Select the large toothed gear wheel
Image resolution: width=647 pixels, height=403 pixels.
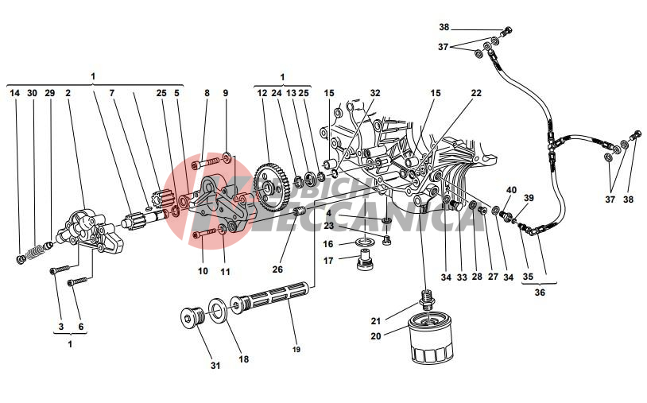point(272,188)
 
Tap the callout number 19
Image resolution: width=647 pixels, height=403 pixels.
point(296,348)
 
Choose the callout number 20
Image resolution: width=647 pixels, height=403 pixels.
point(376,335)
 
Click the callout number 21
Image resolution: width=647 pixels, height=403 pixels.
point(376,320)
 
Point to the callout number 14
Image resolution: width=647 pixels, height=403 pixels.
point(14,93)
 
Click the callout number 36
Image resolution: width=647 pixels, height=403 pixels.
point(539,291)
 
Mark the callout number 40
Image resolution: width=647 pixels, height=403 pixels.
point(511,190)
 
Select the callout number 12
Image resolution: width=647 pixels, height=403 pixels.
point(262,93)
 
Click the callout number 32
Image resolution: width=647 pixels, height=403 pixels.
point(375,93)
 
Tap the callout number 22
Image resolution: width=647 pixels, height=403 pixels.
point(476,93)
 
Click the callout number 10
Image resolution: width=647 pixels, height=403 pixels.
point(203,271)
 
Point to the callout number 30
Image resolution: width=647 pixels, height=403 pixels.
point(32,93)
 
